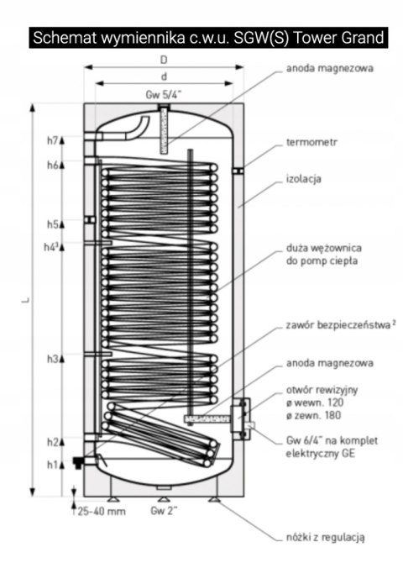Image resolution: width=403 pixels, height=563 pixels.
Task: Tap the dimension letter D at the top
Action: coord(164,60)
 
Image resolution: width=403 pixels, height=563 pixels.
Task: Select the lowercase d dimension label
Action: coord(164,76)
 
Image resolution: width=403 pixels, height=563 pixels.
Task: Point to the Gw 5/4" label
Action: coord(163,95)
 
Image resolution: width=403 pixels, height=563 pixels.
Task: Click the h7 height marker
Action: coord(52,141)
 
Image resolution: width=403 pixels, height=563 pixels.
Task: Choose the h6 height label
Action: coord(52,165)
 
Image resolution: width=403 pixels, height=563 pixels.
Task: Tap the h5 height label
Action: coord(52,224)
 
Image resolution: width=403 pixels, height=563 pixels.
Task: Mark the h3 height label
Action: coord(52,359)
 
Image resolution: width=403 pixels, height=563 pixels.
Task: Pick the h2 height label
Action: coord(52,442)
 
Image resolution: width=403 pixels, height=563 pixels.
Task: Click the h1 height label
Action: coord(52,465)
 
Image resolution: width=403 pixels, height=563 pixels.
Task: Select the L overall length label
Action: coord(24,301)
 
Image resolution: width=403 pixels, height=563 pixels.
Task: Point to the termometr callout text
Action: coord(311,143)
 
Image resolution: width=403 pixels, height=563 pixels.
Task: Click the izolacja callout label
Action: coord(303,179)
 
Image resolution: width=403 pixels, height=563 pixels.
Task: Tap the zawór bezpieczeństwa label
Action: coord(338,325)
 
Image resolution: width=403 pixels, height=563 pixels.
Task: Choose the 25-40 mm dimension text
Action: coord(102,511)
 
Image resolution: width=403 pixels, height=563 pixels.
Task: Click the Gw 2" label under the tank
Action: coord(164,511)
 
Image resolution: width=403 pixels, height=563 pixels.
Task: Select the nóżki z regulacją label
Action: coord(325,538)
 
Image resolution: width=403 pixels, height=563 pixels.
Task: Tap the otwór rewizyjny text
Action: coord(322,390)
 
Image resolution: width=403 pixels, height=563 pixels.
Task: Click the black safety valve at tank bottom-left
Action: coord(78,461)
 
